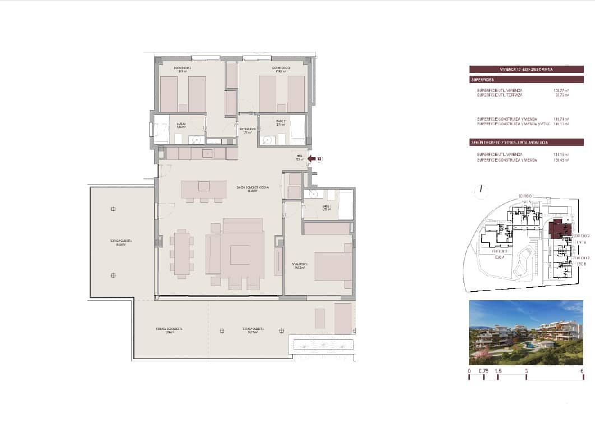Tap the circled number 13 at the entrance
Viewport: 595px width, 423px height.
coord(319,159)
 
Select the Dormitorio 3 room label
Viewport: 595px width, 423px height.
coord(282,69)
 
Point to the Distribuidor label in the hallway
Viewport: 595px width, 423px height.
coord(247,131)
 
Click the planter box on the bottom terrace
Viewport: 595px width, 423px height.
coord(322,344)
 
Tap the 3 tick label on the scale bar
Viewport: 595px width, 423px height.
coord(526,371)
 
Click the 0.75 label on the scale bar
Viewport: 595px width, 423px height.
coord(484,371)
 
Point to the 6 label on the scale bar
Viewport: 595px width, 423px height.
coord(583,371)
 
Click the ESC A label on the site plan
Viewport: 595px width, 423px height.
coord(500,258)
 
